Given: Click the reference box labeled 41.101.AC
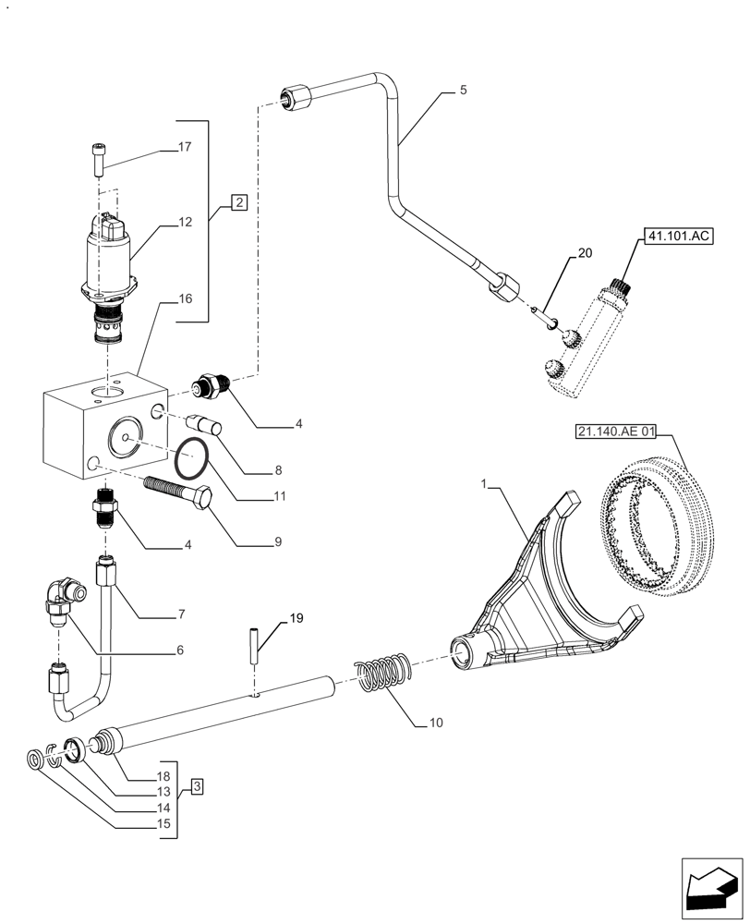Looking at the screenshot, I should click(x=678, y=237).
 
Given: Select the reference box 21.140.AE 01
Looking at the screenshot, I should click(x=627, y=431).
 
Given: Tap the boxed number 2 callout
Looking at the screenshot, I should click(x=238, y=201).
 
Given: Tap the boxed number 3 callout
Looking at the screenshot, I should click(x=197, y=786).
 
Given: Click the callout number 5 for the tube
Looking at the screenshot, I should click(x=463, y=91).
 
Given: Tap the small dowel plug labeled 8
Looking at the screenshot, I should click(x=202, y=428).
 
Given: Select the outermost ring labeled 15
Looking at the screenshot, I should click(x=34, y=760).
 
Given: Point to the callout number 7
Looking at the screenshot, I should click(x=181, y=614).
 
